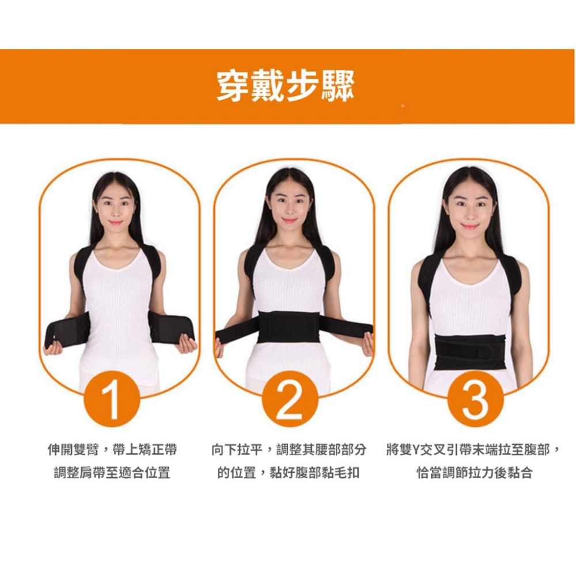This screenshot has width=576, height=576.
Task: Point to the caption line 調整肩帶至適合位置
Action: [x=112, y=473]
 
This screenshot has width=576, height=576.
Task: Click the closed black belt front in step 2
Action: [x=294, y=327]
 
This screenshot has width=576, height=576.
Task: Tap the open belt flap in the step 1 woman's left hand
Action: [x=171, y=327]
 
